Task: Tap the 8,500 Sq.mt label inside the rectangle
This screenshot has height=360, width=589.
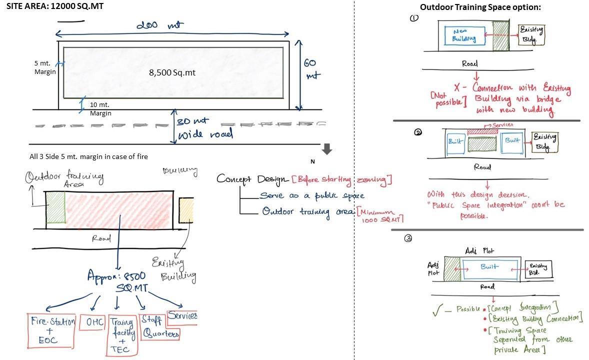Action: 172,72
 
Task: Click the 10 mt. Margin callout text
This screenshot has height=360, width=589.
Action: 100,109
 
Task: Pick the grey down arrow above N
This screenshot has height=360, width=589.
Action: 327,149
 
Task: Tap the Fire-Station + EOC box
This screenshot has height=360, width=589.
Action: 52,330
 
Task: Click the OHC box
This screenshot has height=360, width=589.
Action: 94,322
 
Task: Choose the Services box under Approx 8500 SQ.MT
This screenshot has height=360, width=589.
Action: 182,315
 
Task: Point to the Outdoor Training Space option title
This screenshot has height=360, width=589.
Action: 480,7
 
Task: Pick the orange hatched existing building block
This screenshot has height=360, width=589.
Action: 186,210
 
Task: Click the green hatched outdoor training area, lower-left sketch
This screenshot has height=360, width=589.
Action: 55,206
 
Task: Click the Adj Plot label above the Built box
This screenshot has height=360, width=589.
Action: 479,251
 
